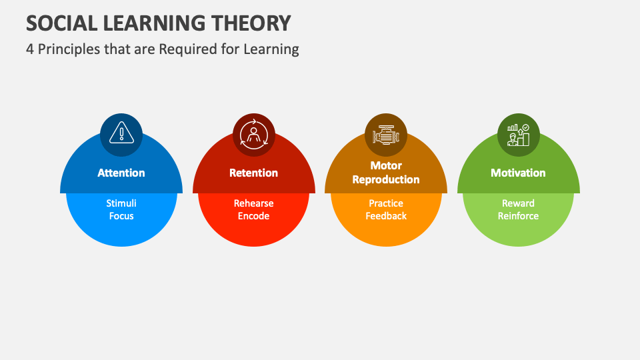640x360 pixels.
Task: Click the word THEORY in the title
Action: click(251, 23)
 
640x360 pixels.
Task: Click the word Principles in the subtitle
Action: click(67, 49)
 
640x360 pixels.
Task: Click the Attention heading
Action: click(121, 173)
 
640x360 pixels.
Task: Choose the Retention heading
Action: click(253, 173)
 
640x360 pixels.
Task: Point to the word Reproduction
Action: click(386, 179)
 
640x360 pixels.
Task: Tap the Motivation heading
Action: click(518, 173)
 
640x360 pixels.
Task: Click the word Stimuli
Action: click(121, 203)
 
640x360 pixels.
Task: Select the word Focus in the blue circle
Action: click(121, 216)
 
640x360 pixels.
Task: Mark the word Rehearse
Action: click(253, 203)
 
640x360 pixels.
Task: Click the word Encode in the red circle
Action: click(253, 216)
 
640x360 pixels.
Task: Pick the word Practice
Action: click(386, 203)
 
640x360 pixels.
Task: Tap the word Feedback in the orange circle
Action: click(386, 216)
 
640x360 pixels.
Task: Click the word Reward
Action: click(518, 203)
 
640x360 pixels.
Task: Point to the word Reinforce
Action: click(518, 216)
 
